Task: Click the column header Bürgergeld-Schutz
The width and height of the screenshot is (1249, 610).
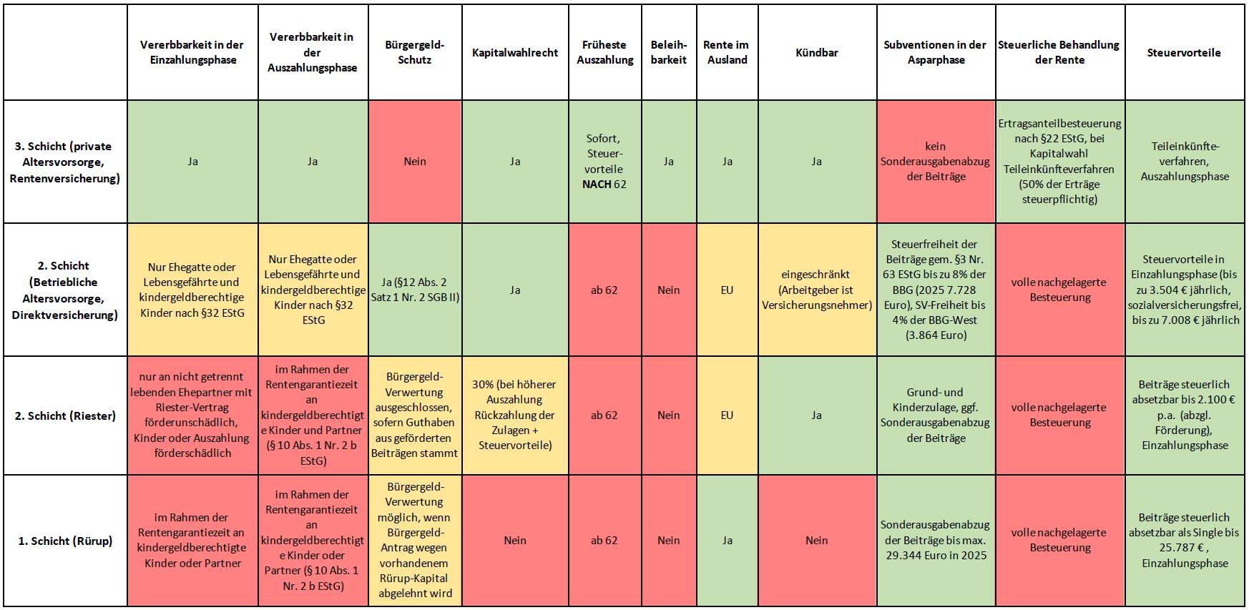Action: [415, 52]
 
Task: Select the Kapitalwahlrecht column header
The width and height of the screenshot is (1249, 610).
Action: [515, 52]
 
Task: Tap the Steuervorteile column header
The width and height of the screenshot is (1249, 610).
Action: [1184, 52]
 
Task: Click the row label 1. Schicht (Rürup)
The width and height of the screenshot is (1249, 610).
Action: [65, 541]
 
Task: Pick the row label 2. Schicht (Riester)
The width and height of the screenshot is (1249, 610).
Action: [65, 415]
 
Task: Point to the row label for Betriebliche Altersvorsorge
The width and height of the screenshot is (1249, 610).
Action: [65, 290]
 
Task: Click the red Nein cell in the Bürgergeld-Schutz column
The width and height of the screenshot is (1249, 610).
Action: [415, 162]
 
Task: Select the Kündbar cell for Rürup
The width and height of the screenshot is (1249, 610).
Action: [817, 541]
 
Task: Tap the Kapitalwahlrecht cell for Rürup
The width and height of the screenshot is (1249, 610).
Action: [515, 541]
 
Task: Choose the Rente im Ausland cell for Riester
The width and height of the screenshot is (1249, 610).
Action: [727, 415]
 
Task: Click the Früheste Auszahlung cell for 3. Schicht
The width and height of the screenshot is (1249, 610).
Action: [604, 162]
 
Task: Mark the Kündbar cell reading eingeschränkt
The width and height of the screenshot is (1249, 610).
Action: [817, 290]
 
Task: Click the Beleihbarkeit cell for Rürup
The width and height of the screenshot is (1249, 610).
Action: [669, 541]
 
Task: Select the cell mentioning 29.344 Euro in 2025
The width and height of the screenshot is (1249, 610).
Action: [936, 541]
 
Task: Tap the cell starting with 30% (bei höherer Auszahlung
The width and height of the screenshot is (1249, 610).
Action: [515, 415]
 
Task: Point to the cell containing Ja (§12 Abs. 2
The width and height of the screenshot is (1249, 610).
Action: [415, 290]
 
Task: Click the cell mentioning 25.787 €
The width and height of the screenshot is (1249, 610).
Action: [1184, 541]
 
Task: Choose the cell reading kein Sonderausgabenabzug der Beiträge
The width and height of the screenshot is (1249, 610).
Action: [936, 162]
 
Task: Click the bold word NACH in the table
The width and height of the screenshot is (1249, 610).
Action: [597, 185]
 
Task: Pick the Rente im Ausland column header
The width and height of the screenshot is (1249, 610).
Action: [727, 52]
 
